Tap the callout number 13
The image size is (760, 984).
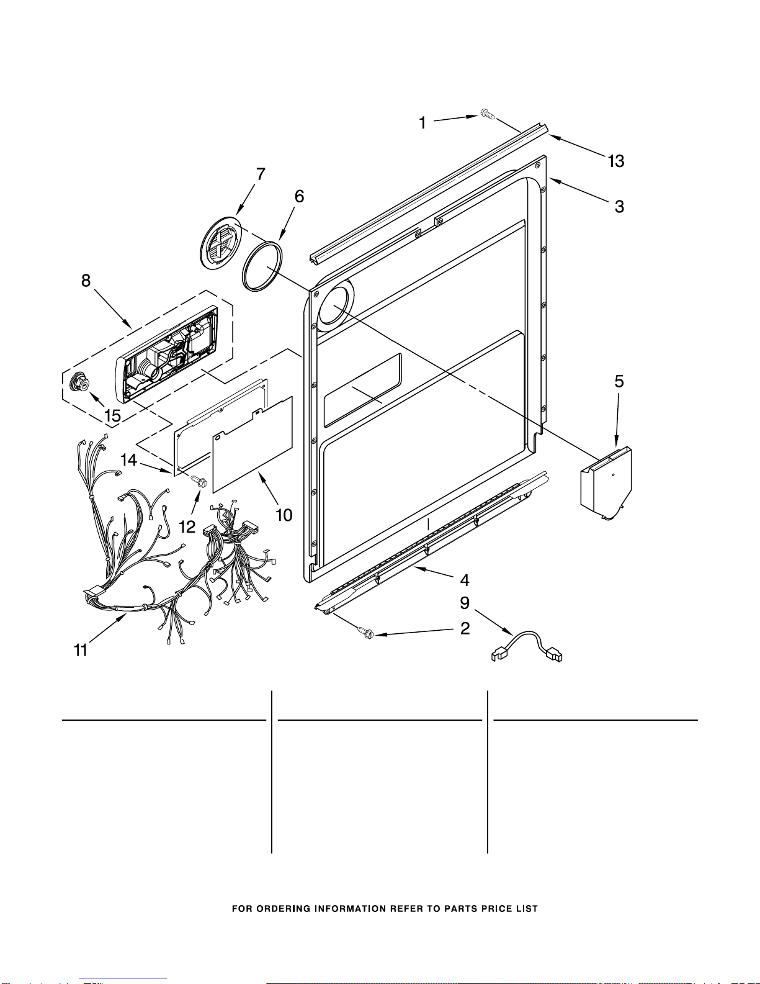pyautogui.click(x=615, y=161)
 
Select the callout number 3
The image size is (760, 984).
pyautogui.click(x=619, y=207)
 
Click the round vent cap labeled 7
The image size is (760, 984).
pyautogui.click(x=220, y=243)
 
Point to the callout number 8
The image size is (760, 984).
pyautogui.click(x=86, y=281)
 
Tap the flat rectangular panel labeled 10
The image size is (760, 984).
pyautogui.click(x=253, y=445)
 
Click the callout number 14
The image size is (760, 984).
pyautogui.click(x=128, y=460)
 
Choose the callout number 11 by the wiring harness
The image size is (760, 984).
pyautogui.click(x=81, y=650)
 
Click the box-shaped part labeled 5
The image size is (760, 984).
pyautogui.click(x=606, y=483)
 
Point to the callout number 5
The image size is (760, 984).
pyautogui.click(x=619, y=381)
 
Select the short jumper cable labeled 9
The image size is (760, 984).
pyautogui.click(x=527, y=647)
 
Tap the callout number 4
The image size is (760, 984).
pyautogui.click(x=465, y=580)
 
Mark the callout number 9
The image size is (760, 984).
pyautogui.click(x=465, y=603)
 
